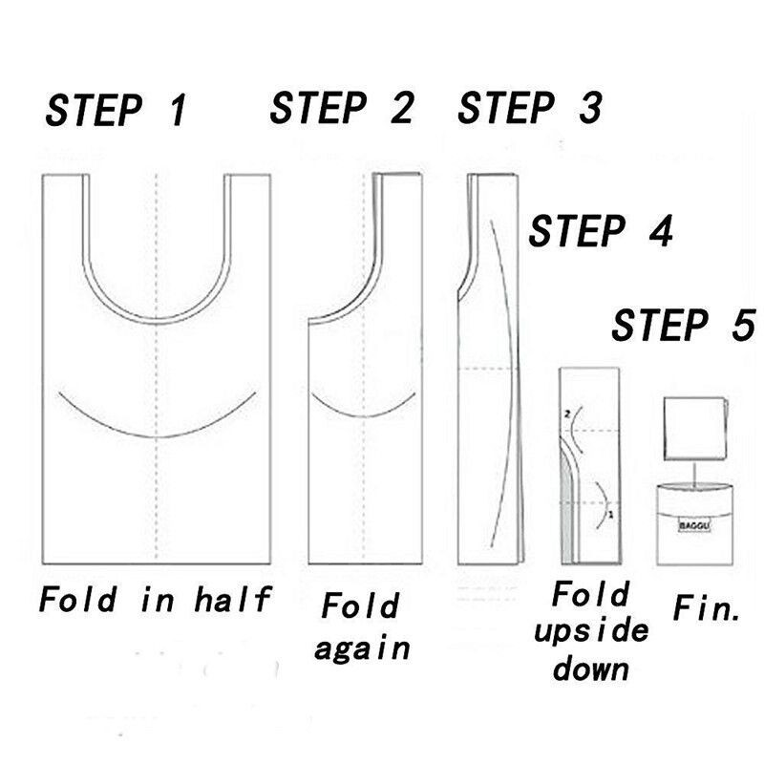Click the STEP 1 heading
coord(116,111)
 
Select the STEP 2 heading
coord(341,107)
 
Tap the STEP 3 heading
coord(530,107)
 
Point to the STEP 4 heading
coord(601,230)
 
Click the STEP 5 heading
coord(684,325)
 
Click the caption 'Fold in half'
coord(155,599)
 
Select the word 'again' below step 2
coord(362,648)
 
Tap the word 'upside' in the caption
coord(591,632)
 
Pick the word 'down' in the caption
coord(590,668)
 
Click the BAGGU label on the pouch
coord(695,526)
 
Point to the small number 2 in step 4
coord(566,414)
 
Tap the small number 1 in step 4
coord(611,515)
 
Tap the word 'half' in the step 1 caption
coord(232,599)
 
